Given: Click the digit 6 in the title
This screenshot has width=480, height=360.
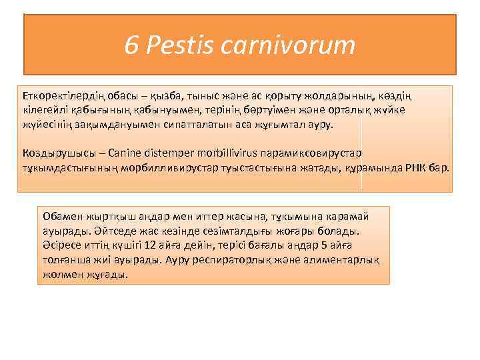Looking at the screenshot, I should pos(131,46).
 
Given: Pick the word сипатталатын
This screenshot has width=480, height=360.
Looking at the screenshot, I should pos(190,124).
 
